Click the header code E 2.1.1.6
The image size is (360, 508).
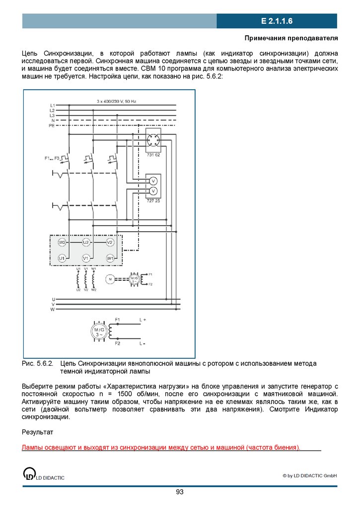coord(277,21)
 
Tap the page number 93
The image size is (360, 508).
coord(180,492)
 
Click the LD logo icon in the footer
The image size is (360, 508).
coord(29,474)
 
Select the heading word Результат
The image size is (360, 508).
coord(37,433)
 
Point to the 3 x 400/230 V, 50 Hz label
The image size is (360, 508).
coord(116,101)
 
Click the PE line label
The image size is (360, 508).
coord(51,126)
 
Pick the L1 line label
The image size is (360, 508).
coord(52,106)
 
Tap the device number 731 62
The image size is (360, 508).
coord(153,155)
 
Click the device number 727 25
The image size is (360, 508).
coord(153,200)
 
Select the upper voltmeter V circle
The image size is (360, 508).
coord(153,181)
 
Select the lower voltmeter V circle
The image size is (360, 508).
coord(153,191)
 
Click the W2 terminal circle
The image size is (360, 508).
coord(62,242)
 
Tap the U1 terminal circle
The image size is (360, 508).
coord(62,258)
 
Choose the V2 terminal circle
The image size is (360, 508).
coord(110,242)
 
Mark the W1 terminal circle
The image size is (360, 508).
coord(110,258)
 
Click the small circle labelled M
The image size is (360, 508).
coord(110,279)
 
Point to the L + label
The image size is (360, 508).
coord(143,319)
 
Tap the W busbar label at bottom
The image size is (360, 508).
coord(53,309)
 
